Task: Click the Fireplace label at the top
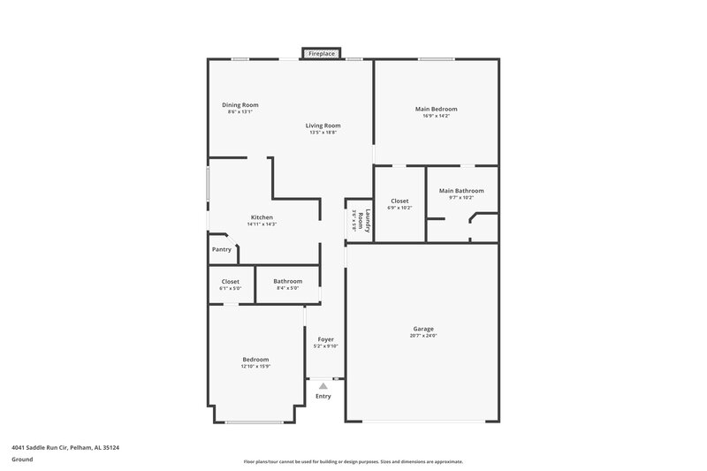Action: click(322, 54)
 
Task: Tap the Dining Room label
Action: click(239, 105)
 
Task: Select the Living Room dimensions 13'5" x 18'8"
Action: click(323, 133)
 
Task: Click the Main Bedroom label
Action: click(436, 109)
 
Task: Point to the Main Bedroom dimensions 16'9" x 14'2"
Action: click(436, 116)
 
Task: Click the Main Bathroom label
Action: click(461, 191)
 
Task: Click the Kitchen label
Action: click(262, 217)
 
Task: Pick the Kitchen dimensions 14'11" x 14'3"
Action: click(262, 224)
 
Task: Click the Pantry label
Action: click(222, 249)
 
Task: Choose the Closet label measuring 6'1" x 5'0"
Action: click(230, 281)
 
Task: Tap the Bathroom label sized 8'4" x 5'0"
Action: click(287, 281)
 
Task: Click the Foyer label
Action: click(325, 339)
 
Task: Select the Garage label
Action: click(423, 329)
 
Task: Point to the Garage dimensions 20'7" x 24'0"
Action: click(423, 336)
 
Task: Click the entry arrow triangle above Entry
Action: click(323, 385)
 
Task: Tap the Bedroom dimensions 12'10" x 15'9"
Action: click(255, 367)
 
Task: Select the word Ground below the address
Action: click(22, 460)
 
